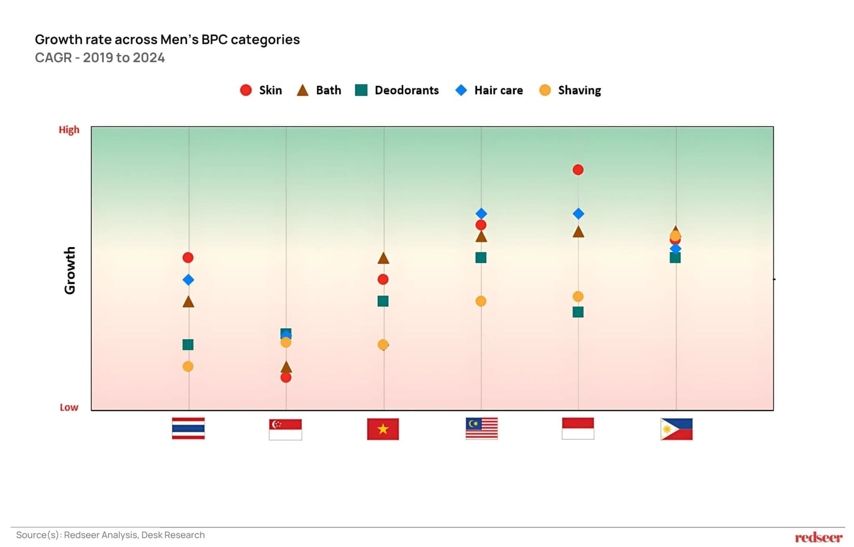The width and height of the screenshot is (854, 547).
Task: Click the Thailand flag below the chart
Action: pos(188,428)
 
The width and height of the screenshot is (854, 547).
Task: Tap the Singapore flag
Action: pos(285,429)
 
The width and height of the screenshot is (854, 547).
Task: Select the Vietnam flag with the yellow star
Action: pos(383,429)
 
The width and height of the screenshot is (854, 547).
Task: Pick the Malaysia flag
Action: pos(482,429)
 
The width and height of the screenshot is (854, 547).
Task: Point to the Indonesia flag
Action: pos(578,429)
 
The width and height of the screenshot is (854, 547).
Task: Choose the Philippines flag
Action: pos(676,429)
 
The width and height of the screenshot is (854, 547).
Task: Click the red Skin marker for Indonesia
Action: pos(578,170)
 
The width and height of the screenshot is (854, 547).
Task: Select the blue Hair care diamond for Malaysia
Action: pos(481,214)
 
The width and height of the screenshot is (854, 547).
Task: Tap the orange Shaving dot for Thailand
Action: pos(188,366)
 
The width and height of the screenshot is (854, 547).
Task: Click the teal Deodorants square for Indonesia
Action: pos(578,312)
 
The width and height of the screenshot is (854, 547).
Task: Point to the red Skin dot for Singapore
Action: pos(286,378)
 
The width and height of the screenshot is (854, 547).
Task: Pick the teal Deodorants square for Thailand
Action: pos(188,345)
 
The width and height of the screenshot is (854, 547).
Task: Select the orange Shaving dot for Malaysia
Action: pos(481,301)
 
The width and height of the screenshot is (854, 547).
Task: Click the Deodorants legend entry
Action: pos(397,90)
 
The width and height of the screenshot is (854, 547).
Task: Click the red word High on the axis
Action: pos(69,130)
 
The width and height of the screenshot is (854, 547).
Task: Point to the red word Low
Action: pos(69,407)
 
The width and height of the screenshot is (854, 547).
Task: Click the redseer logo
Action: pos(818,537)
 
